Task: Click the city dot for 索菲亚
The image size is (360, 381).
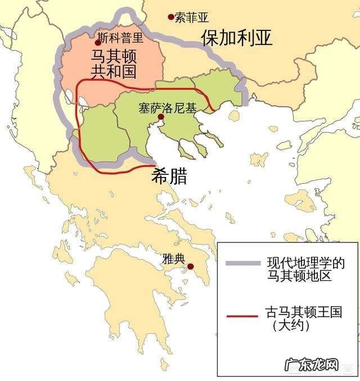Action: (171, 17)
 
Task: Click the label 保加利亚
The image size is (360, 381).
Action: (237, 37)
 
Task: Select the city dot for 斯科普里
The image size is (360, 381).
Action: (98, 42)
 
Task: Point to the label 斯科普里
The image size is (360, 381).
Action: (120, 38)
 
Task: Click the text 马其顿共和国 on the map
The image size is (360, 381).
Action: (115, 64)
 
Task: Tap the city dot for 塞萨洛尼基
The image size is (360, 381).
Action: (161, 117)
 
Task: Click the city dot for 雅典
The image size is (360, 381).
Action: (191, 266)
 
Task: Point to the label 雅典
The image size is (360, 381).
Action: (173, 259)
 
